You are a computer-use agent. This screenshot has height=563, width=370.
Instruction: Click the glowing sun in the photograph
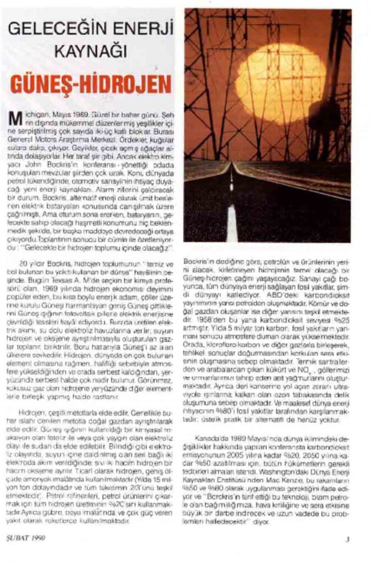280,82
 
